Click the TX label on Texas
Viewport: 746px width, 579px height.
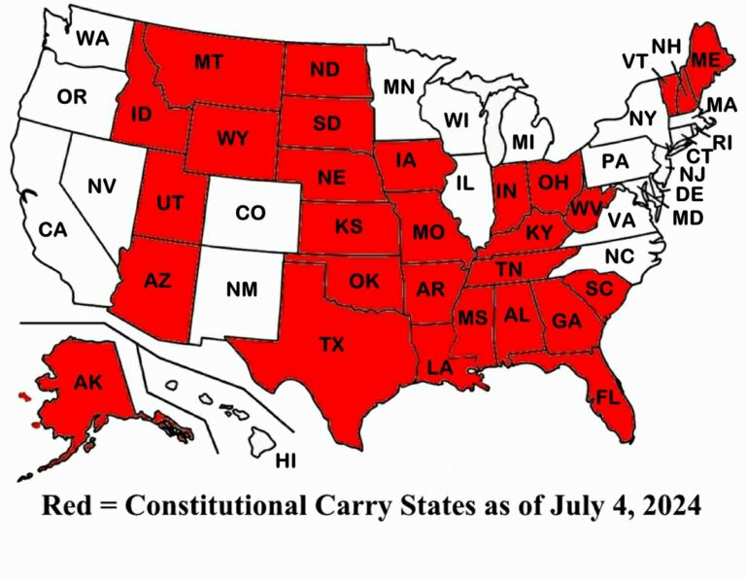(x=332, y=343)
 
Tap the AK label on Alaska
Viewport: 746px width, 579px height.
(x=88, y=382)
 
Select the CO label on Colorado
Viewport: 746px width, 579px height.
(x=251, y=214)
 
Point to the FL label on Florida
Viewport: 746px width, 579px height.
(x=608, y=396)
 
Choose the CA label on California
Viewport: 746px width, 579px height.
(x=51, y=230)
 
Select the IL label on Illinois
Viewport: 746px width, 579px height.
(x=466, y=182)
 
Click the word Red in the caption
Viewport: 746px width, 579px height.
(x=67, y=507)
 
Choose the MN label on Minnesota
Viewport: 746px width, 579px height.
(x=398, y=87)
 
